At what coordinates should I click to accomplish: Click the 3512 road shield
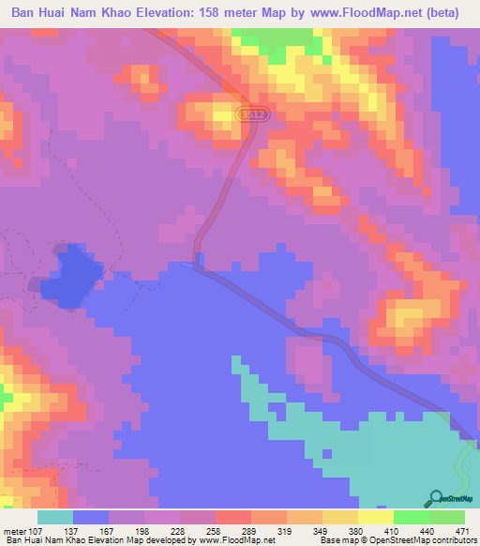click(x=247, y=114)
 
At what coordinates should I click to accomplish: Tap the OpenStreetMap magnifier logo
click(x=436, y=498)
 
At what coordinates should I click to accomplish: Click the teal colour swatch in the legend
click(x=56, y=517)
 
